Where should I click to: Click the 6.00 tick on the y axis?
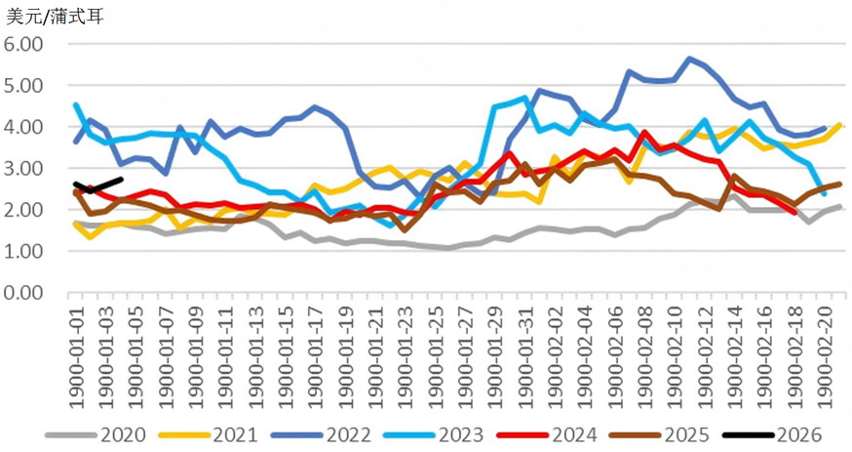click(x=25, y=45)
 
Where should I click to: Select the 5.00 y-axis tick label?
click(x=25, y=86)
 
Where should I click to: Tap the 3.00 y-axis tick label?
click(x=25, y=168)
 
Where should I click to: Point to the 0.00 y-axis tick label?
click(x=25, y=292)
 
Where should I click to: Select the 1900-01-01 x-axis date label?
click(x=77, y=348)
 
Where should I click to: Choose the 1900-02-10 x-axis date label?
click(x=675, y=348)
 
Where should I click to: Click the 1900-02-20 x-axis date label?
click(x=826, y=348)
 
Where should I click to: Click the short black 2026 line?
click(x=97, y=186)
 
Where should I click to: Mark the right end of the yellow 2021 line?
click(x=840, y=125)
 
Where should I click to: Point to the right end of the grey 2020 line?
click(x=840, y=206)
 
